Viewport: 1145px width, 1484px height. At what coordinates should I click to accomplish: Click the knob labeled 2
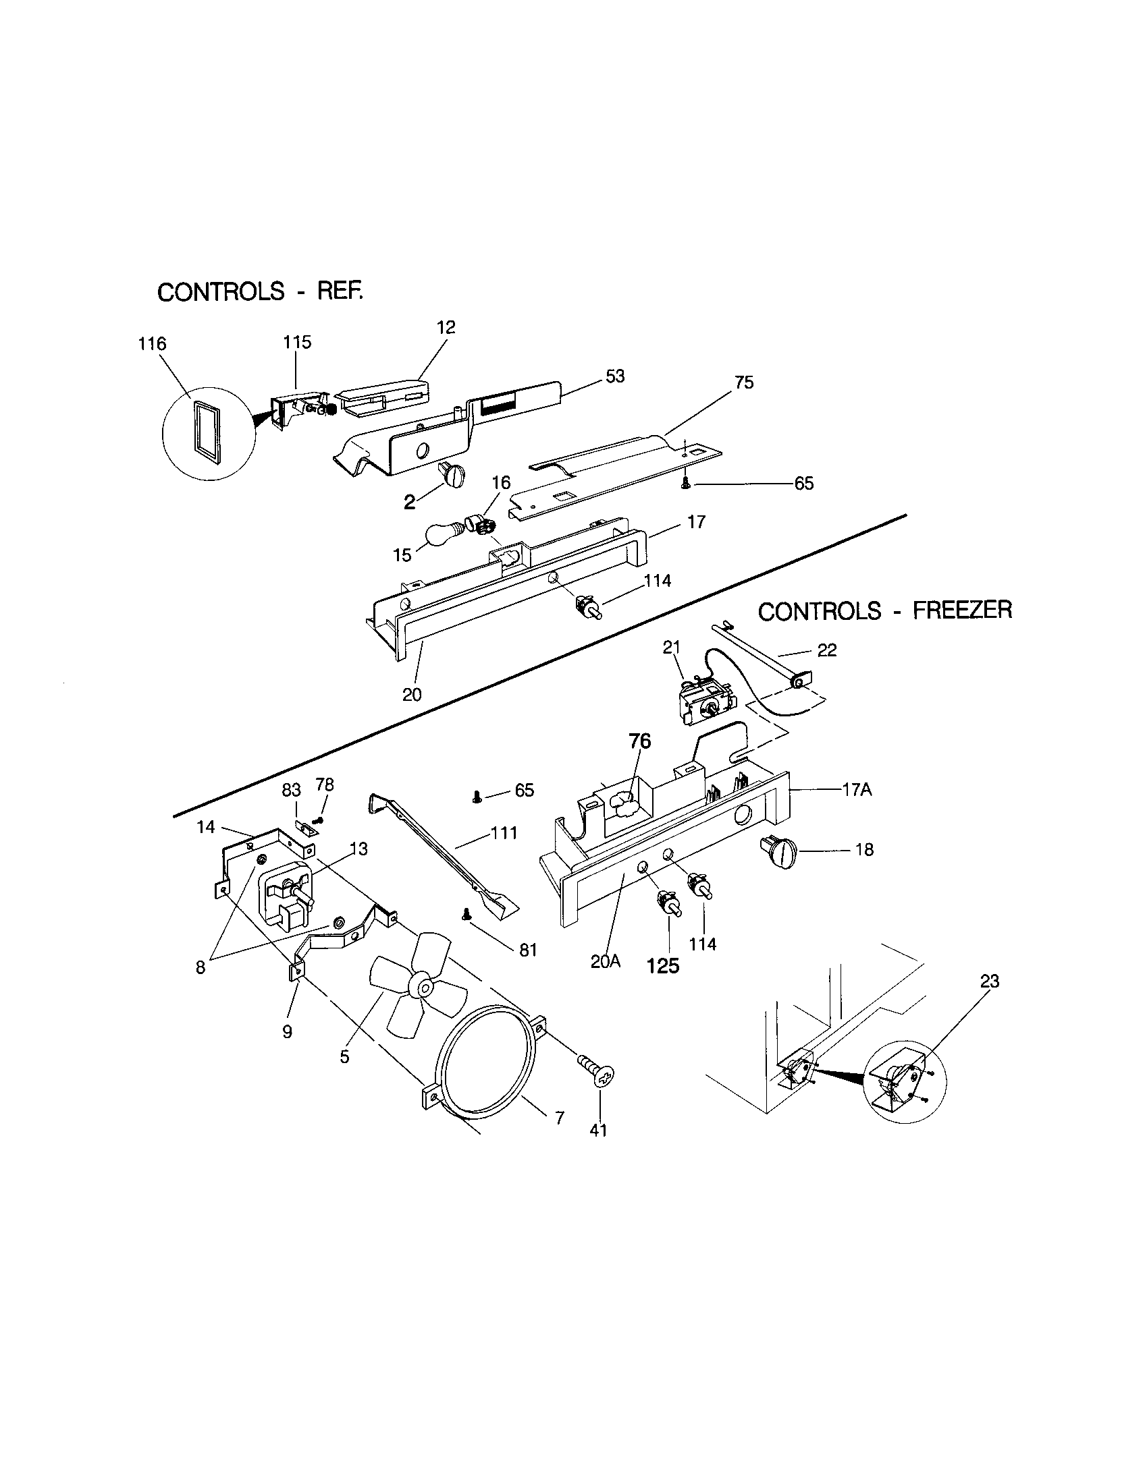pos(451,474)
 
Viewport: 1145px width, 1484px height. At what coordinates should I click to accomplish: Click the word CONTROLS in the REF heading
pos(220,292)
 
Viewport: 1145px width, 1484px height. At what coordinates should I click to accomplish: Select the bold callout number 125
pos(663,965)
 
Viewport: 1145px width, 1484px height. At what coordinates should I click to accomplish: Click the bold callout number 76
pos(639,741)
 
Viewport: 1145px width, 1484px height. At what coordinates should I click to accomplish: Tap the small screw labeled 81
pos(467,915)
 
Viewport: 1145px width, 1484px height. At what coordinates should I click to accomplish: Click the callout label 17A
pos(856,790)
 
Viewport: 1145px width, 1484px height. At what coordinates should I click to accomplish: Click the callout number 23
pos(989,981)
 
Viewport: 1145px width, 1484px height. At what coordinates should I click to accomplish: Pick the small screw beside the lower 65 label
pos(477,797)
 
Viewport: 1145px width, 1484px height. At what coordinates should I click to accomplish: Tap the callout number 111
pos(505,832)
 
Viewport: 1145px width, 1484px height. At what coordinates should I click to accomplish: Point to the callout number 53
pos(614,376)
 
